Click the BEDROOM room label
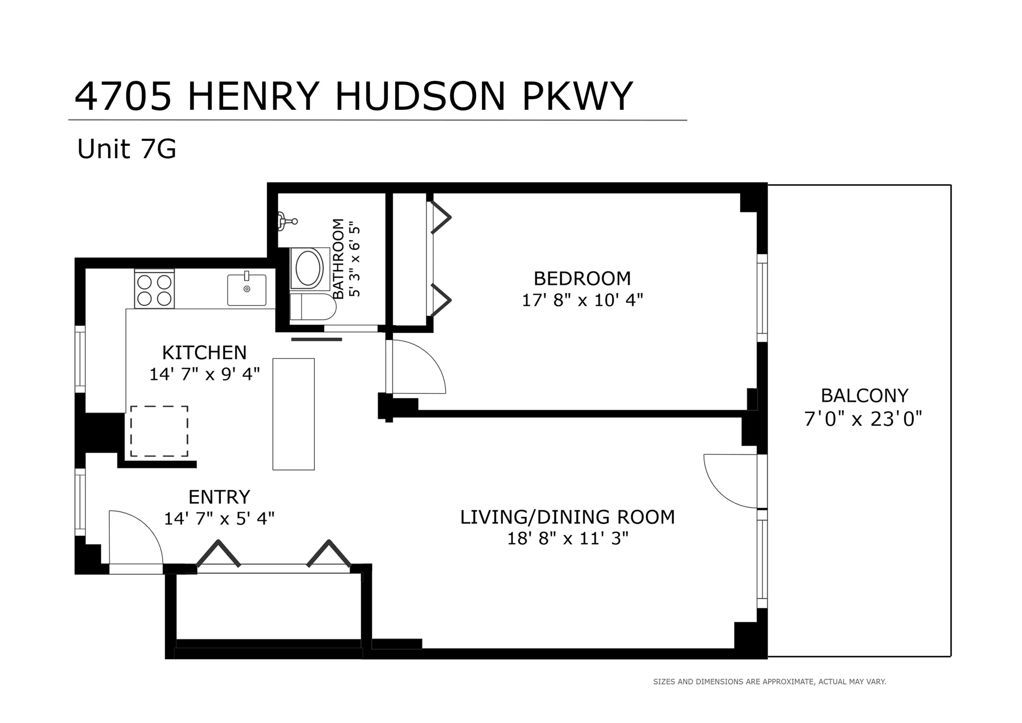(582, 278)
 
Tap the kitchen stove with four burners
(154, 290)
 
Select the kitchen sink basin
(247, 290)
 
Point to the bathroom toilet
(313, 307)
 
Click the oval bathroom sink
(309, 268)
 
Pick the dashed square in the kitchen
(159, 431)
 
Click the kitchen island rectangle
(293, 414)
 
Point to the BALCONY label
(864, 396)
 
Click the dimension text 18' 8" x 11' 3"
(567, 539)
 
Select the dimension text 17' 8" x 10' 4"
(582, 300)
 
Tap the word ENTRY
(219, 497)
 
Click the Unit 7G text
(127, 149)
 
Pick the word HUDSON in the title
(421, 97)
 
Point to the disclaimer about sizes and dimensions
(769, 682)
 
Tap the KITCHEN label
(204, 353)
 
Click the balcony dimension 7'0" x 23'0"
(863, 419)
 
